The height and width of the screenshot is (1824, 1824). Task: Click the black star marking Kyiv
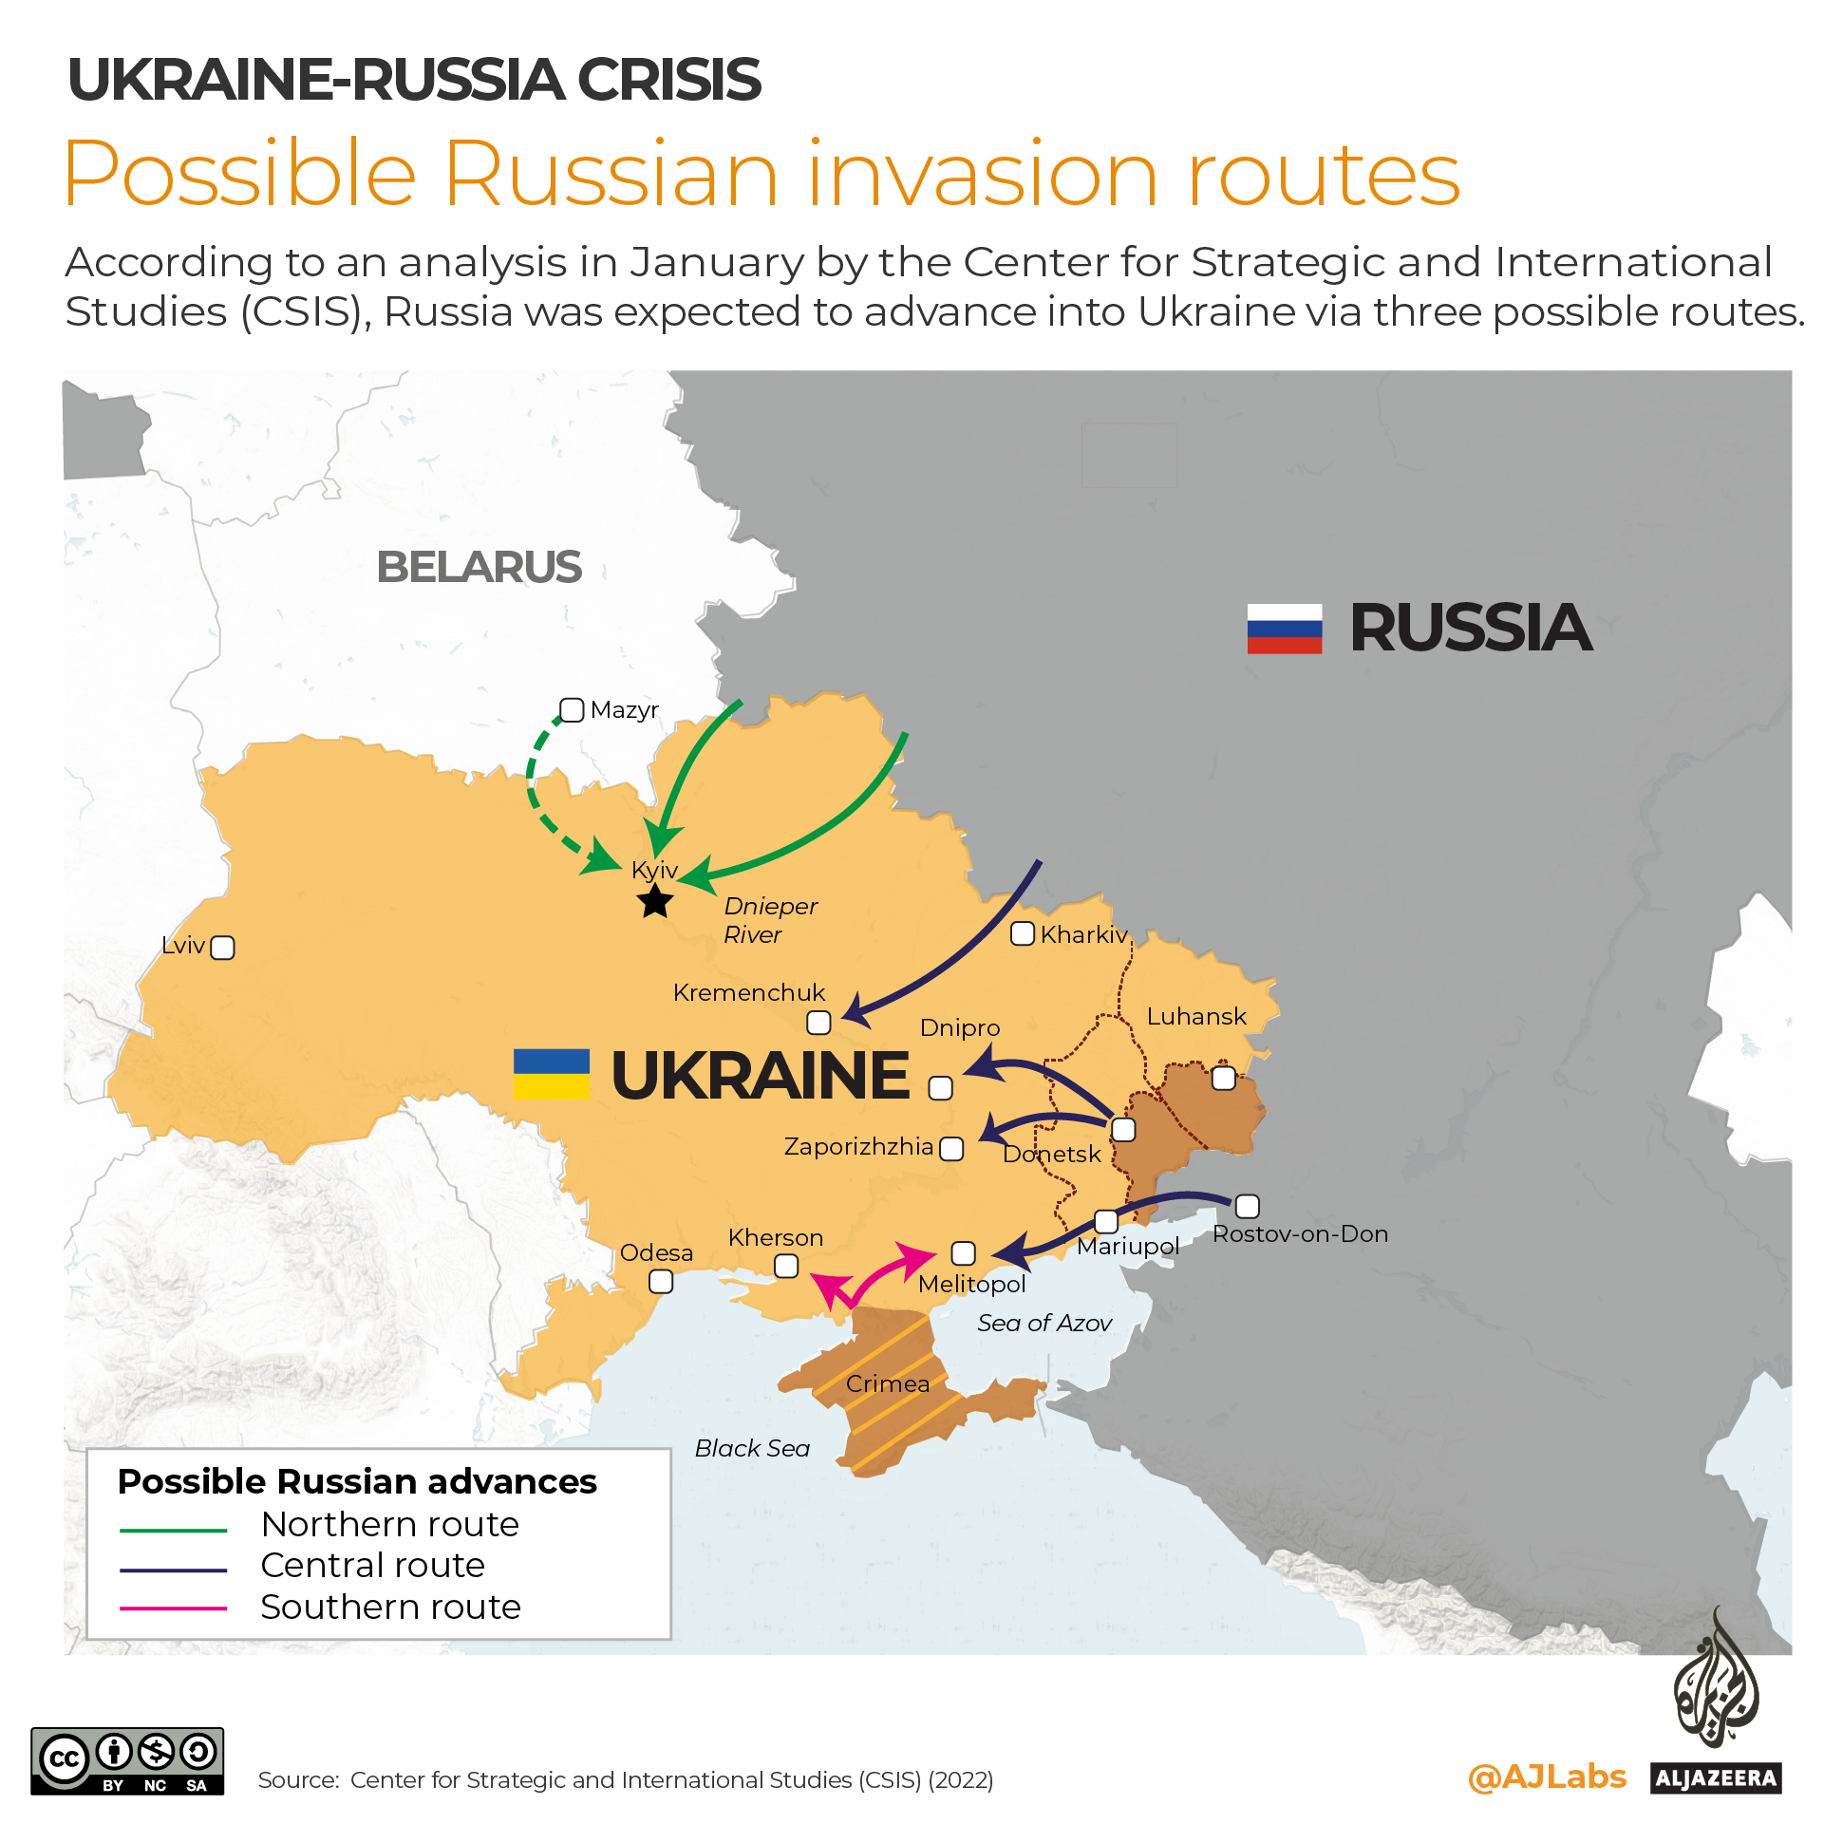tap(655, 901)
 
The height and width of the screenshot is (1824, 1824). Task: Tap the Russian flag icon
tap(1284, 629)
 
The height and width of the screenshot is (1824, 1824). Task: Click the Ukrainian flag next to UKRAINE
tap(551, 1074)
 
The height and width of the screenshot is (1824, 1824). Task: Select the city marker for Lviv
tap(222, 948)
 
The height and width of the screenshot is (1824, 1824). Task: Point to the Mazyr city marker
tap(572, 710)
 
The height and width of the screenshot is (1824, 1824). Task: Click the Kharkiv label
tap(1083, 934)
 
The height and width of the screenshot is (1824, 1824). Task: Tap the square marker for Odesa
tap(661, 1282)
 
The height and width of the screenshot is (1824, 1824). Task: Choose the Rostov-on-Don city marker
tap(1247, 1206)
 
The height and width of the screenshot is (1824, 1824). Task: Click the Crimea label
tap(888, 1383)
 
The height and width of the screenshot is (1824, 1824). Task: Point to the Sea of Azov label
tap(1044, 1323)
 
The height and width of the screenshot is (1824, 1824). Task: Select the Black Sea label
tap(752, 1448)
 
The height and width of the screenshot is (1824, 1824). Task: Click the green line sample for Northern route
tap(174, 1531)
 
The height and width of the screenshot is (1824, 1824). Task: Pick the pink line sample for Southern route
tap(174, 1608)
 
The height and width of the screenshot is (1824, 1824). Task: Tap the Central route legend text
tap(372, 1565)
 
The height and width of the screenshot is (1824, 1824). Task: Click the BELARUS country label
tap(479, 567)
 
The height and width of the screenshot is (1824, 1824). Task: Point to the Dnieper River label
tap(769, 920)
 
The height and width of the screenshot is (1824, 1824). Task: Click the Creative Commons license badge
tap(127, 1760)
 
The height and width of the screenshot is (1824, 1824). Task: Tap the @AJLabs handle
tap(1546, 1777)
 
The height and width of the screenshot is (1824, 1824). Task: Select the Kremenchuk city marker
tap(818, 1023)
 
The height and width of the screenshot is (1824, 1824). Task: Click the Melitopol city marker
tap(963, 1253)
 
